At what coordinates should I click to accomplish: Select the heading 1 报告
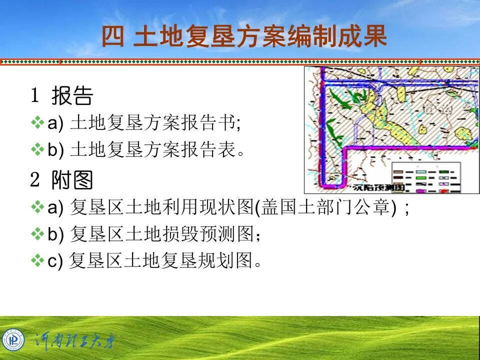coord(62,96)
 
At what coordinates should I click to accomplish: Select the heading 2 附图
coord(62,180)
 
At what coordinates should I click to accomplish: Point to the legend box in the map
coord(424,178)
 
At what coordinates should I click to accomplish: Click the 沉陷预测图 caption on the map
coord(371,188)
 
